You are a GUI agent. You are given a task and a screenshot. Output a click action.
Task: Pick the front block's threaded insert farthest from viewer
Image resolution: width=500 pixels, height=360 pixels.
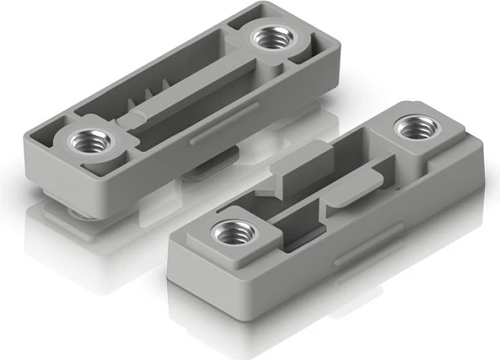click(x=414, y=127)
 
